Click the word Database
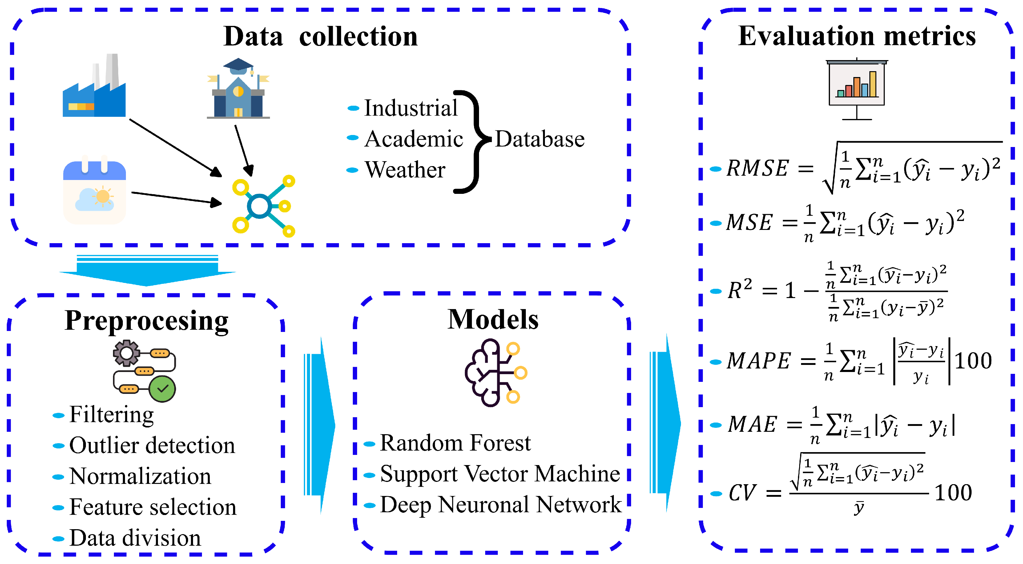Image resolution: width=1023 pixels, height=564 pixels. (539, 139)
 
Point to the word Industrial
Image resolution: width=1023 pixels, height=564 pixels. (411, 108)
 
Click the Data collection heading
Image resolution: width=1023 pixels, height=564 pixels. (320, 37)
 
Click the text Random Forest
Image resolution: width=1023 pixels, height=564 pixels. (455, 443)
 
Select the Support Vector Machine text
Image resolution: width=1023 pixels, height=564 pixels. (500, 474)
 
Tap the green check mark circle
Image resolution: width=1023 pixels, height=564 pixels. (163, 389)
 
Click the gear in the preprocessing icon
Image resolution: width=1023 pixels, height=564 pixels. (126, 353)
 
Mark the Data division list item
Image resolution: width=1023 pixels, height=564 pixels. (135, 538)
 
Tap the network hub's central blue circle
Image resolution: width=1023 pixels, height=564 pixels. (259, 206)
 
